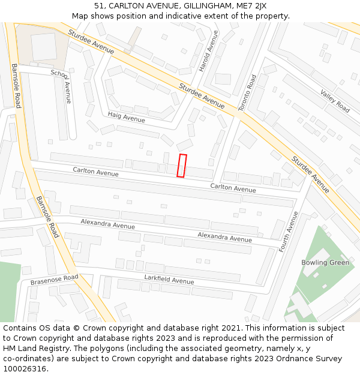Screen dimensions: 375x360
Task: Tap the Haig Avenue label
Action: coord(127,116)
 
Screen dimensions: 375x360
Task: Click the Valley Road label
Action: coord(335,101)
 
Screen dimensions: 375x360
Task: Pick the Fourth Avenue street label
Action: coord(289,232)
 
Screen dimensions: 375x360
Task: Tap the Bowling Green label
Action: coord(325,263)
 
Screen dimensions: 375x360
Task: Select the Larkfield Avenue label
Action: coord(169,279)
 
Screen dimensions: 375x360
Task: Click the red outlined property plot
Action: coord(182,166)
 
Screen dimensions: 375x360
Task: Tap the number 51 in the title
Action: coord(99,6)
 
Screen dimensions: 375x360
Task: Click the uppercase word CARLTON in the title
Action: coord(129,6)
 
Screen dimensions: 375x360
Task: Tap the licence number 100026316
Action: coord(25,369)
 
